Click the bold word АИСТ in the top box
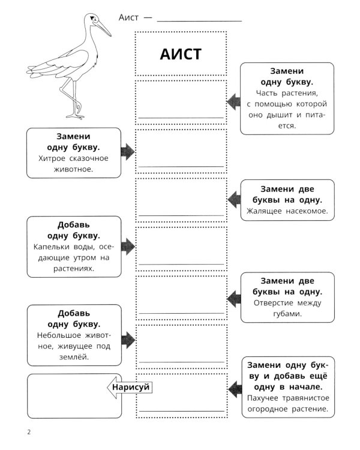tap(181, 54)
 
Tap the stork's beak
tap(103, 28)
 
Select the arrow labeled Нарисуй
tap(128, 388)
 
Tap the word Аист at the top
tap(129, 17)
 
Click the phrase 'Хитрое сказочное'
tap(73, 158)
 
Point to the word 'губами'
tap(287, 313)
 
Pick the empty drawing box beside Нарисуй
tap(66, 395)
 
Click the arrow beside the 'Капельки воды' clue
tap(127, 245)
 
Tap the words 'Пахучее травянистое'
tap(287, 398)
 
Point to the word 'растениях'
tap(73, 269)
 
